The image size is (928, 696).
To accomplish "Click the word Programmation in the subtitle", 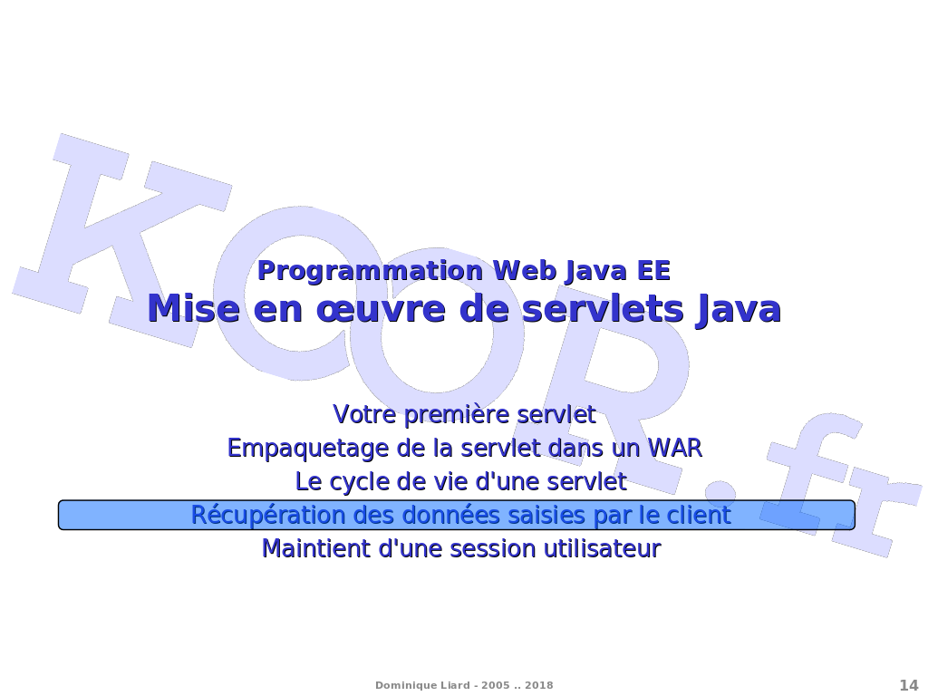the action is point(371,271).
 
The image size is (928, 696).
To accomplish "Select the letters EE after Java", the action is point(653,271).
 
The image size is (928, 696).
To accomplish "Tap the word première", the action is point(457,415).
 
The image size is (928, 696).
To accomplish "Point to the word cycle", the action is point(357,482).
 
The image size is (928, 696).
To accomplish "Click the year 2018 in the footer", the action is point(539,685).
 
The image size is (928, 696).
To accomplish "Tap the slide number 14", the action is point(908,685).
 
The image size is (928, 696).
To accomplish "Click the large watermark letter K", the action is point(121,239).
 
